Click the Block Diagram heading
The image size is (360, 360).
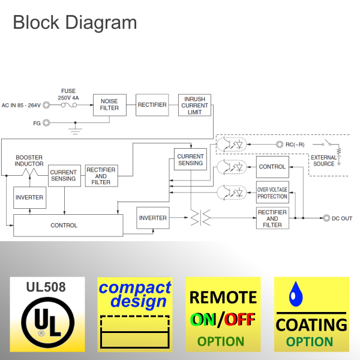(x=74, y=23)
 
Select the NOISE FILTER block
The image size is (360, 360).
(x=109, y=105)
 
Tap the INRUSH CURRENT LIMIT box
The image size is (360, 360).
(x=195, y=105)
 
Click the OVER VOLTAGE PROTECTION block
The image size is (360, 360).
(x=272, y=192)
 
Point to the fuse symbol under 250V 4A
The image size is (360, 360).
(x=68, y=105)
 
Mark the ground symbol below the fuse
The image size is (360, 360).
(x=75, y=128)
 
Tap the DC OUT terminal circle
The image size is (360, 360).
(x=326, y=218)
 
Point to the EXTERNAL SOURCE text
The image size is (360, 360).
(x=323, y=161)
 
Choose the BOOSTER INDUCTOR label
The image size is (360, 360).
(x=29, y=160)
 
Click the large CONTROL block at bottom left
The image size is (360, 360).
(x=64, y=226)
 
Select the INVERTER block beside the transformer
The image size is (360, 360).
(x=152, y=217)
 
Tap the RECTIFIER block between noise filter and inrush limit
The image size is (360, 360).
(x=152, y=105)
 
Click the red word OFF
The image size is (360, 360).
(x=239, y=320)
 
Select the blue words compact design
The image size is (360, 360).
(x=134, y=294)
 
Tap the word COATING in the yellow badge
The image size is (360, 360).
(x=311, y=325)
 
